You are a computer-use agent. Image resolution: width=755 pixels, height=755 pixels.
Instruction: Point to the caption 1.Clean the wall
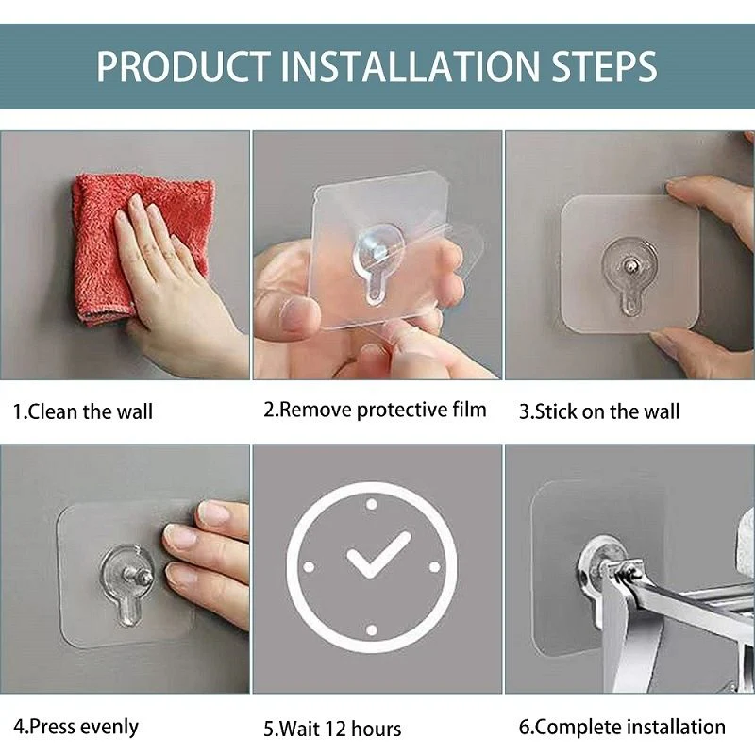[83, 411]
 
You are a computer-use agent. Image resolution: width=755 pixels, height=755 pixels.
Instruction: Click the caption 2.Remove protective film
[375, 410]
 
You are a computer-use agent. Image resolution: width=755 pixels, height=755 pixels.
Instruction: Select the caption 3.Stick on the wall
[599, 411]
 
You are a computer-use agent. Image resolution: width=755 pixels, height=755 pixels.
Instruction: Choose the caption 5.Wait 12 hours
[332, 729]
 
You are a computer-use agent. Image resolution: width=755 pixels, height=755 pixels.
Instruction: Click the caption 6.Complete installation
[623, 727]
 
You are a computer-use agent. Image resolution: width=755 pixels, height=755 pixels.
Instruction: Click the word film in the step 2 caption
[468, 410]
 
